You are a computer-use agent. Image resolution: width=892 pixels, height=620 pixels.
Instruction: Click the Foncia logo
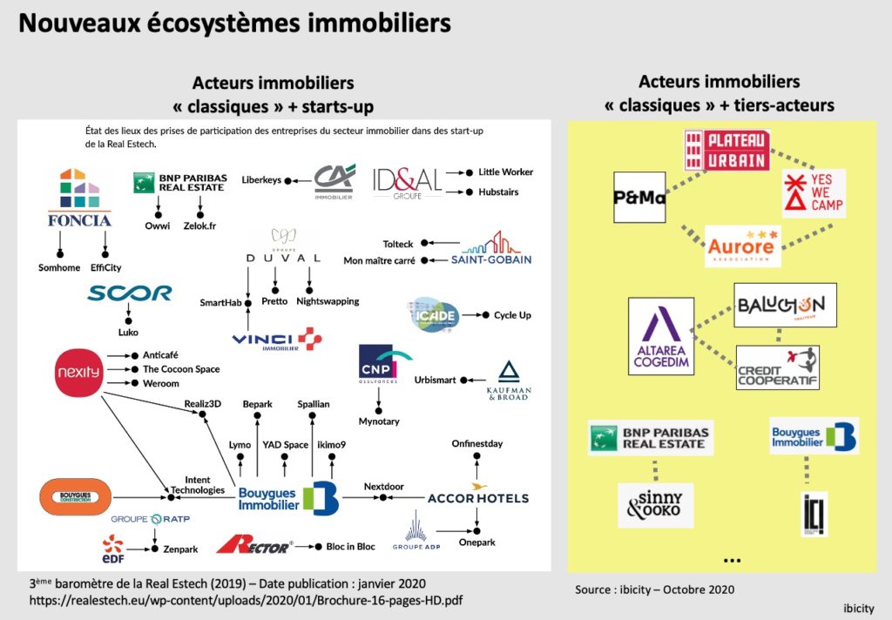(x=78, y=200)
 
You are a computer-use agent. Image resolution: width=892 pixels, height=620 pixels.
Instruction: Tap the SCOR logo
(x=129, y=293)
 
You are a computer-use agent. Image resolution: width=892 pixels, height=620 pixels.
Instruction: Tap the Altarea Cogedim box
(x=660, y=336)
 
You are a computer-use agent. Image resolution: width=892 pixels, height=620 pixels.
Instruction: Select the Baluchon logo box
(x=784, y=305)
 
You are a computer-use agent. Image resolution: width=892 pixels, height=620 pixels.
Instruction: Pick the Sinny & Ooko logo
(x=655, y=505)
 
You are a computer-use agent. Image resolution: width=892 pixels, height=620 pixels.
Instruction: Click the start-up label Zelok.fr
(x=199, y=226)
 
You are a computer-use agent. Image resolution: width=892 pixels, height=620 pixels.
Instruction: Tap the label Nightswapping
(x=327, y=301)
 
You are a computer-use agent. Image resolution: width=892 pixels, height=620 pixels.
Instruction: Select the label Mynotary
(x=379, y=421)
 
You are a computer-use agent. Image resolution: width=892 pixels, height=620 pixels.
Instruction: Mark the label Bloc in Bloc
(x=351, y=547)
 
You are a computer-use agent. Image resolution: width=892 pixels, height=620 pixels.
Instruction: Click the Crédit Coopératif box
(x=777, y=367)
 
